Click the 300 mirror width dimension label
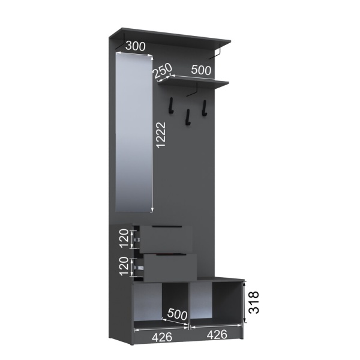click(136, 46)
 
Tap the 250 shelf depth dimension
click(163, 71)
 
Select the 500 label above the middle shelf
click(201, 70)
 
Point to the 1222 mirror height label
click(160, 135)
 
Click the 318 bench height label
click(254, 302)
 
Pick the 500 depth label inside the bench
click(177, 314)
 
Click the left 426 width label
click(162, 337)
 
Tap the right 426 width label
click(217, 334)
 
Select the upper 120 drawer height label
click(124, 238)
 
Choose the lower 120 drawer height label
click(124, 266)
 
